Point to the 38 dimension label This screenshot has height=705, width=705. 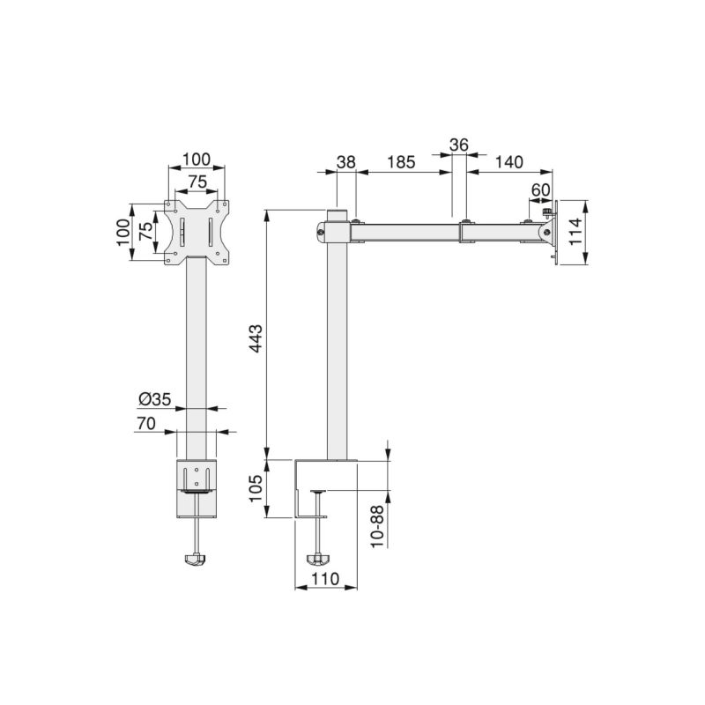tap(346, 162)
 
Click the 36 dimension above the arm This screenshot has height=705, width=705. tap(458, 145)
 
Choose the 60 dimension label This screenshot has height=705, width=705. tap(540, 189)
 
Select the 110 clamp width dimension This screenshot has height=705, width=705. tap(324, 579)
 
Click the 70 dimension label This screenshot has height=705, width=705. tap(146, 424)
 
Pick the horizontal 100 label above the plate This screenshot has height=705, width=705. tap(196, 160)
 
